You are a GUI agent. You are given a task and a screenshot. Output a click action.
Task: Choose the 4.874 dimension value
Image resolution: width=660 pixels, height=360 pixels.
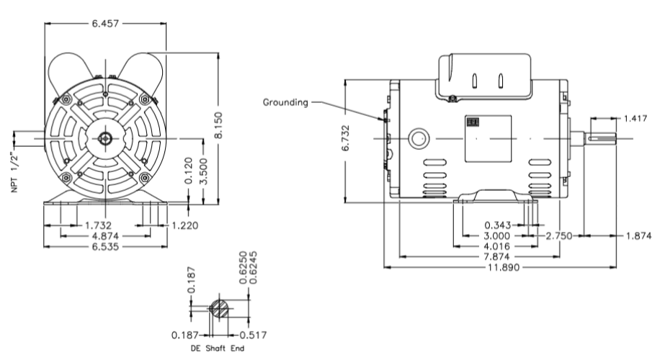(x=106, y=236)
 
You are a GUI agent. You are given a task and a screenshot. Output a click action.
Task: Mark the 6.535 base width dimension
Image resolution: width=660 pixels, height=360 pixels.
(x=106, y=246)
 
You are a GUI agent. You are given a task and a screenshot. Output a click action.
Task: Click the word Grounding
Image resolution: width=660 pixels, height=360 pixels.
(x=287, y=102)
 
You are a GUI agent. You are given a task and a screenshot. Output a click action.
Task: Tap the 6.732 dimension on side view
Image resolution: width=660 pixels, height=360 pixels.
(x=347, y=138)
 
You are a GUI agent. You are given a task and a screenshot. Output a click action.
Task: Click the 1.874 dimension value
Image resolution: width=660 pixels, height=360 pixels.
(x=638, y=236)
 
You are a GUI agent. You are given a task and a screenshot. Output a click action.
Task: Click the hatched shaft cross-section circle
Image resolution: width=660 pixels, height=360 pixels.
(x=219, y=309)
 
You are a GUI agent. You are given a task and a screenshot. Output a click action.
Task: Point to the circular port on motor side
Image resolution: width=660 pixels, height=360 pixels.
(x=417, y=138)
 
